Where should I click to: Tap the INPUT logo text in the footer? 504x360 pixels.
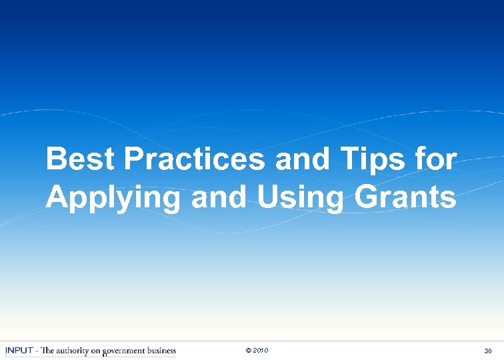19,351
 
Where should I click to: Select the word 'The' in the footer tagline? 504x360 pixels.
48,351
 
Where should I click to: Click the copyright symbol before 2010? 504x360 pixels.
249,351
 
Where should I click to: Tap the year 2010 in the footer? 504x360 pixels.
261,351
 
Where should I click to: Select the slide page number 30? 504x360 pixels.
488,351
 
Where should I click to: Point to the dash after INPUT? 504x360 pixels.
37,351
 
